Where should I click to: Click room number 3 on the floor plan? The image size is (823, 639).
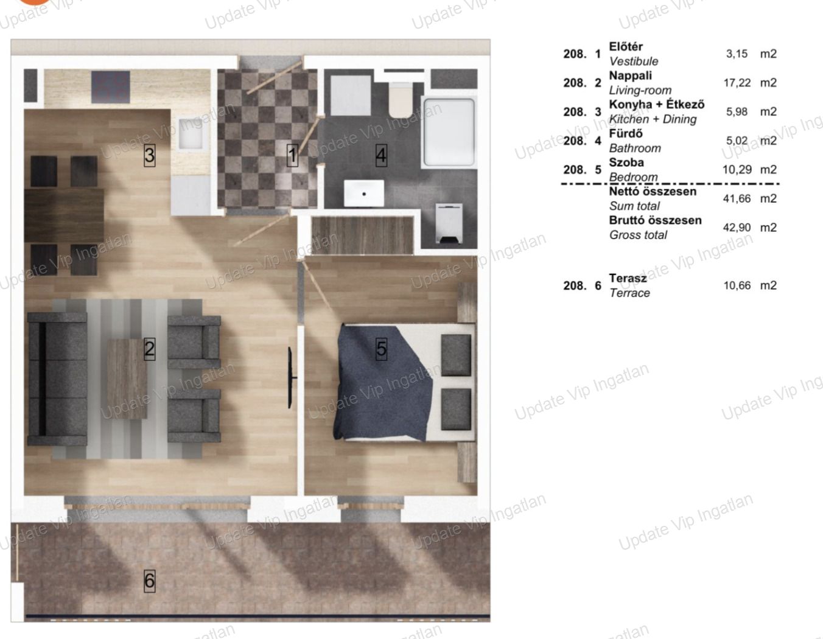150,155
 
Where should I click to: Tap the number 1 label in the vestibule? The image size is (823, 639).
292,155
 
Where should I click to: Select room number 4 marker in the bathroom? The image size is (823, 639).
381,155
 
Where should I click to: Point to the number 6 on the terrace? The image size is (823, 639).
150,581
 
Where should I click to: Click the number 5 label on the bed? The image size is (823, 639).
382,349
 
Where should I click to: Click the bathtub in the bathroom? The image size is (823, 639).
449,133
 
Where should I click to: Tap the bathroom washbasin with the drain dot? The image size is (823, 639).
364,193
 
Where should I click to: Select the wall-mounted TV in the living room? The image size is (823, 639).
290,377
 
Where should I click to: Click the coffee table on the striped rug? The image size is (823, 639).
127,379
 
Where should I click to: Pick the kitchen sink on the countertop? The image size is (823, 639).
192,133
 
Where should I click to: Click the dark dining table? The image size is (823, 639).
64,215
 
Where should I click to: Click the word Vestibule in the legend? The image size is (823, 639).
634,61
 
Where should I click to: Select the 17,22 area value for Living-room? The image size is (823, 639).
737,83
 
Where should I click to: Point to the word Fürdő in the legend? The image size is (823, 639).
626,134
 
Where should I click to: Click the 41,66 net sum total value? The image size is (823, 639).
737,199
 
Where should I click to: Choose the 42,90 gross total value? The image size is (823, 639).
737,228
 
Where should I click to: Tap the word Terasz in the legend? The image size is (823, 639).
628,278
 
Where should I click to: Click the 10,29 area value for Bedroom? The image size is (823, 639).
737,170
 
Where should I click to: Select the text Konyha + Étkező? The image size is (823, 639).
657,105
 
